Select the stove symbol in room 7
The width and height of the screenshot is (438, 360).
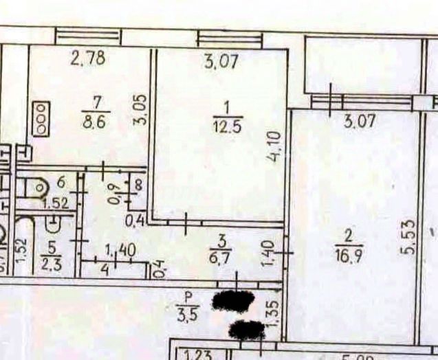point(42,118)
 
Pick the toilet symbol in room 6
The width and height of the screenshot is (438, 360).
point(36,187)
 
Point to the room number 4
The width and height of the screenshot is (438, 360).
point(105,269)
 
